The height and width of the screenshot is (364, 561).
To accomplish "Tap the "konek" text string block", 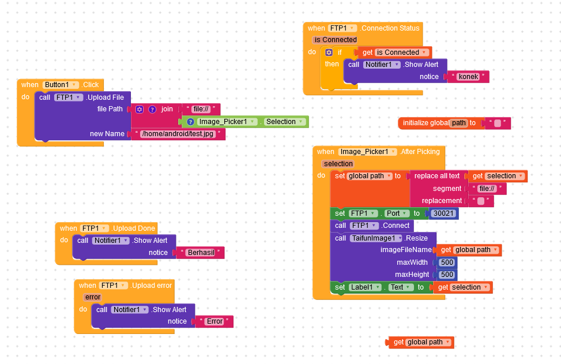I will [468, 77].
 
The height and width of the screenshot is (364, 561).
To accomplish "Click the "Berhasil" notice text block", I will [201, 253].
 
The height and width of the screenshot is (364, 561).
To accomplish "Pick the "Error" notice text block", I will [214, 321].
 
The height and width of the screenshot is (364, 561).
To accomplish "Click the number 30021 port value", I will [443, 213].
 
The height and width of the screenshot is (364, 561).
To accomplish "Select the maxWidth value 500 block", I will [447, 262].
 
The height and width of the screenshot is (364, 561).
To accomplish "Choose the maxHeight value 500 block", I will [447, 275].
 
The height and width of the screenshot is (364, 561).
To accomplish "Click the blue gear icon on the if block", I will [329, 52].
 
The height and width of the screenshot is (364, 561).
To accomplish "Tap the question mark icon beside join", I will [152, 109].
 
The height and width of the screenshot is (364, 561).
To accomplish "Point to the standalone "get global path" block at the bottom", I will [421, 343].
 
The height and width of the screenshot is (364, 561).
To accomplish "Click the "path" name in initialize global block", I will [458, 123].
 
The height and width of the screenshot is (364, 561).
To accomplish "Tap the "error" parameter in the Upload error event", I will [92, 297].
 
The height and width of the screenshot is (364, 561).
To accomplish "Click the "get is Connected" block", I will [395, 52].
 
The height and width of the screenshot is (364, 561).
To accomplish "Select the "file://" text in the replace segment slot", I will [487, 189].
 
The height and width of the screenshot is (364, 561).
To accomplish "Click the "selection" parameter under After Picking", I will [338, 164].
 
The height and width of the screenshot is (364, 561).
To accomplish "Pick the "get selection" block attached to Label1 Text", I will [463, 287].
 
